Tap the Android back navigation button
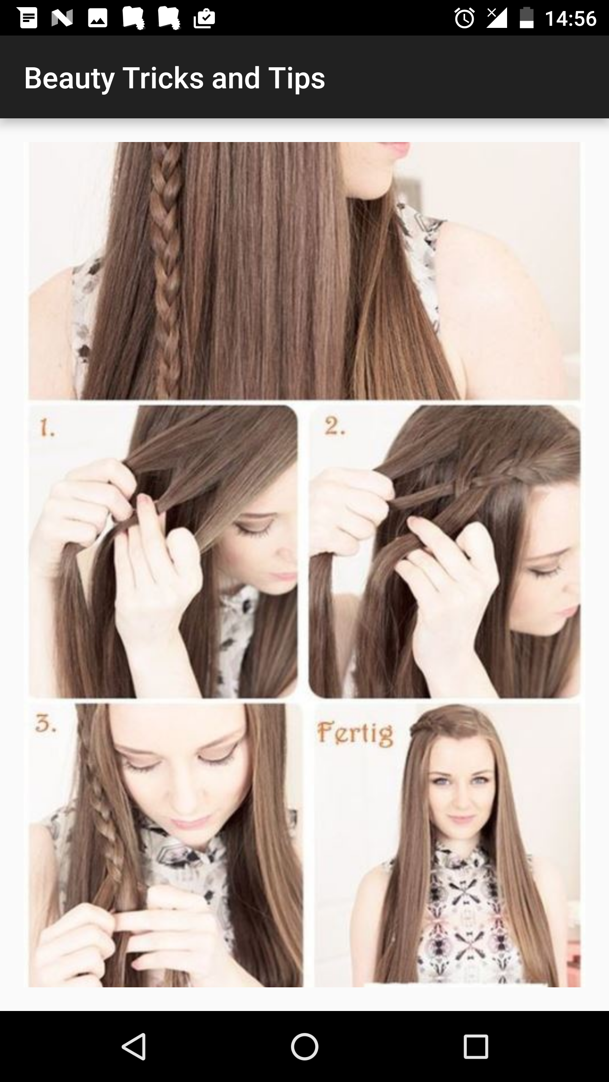pyautogui.click(x=134, y=1046)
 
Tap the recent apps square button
pyautogui.click(x=476, y=1046)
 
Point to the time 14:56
pyautogui.click(x=571, y=19)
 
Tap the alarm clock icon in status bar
pyautogui.click(x=464, y=19)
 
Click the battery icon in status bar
pyautogui.click(x=526, y=19)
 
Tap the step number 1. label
pyautogui.click(x=47, y=429)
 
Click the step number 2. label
pyautogui.click(x=335, y=427)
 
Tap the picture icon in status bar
pyautogui.click(x=98, y=19)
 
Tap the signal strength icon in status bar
pyautogui.click(x=497, y=18)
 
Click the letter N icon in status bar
pyautogui.click(x=62, y=19)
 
